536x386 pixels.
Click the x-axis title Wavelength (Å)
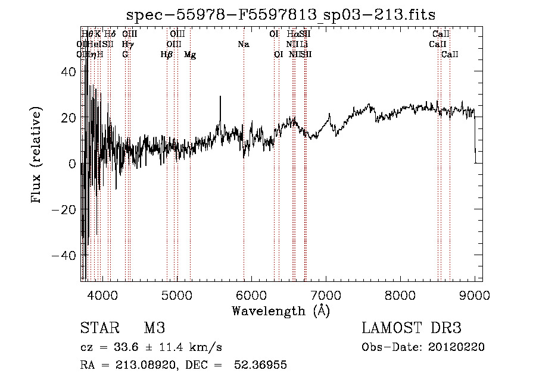(281, 310)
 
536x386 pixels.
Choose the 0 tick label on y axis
(72, 164)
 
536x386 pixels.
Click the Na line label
(243, 44)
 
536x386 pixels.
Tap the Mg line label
(190, 55)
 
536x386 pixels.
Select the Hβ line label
(167, 55)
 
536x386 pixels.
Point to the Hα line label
(292, 34)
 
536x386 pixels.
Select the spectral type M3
(154, 328)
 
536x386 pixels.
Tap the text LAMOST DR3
(412, 328)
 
